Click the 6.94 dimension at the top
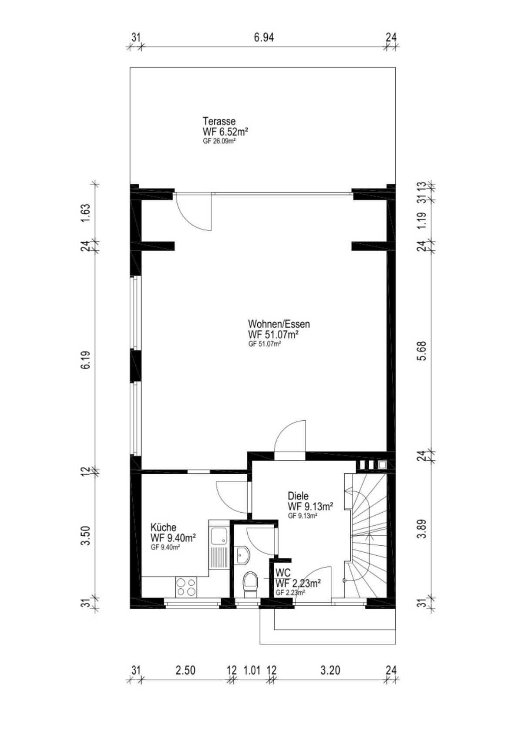point(264,37)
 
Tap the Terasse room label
point(219,121)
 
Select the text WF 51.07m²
point(274,335)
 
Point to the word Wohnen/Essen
point(279,324)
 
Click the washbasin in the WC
point(242,555)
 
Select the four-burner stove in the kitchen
point(186,587)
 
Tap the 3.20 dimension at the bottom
point(330,670)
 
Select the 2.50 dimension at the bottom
point(185,670)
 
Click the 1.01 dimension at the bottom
point(252,670)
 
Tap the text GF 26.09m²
point(220,142)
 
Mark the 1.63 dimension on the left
point(86,213)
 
